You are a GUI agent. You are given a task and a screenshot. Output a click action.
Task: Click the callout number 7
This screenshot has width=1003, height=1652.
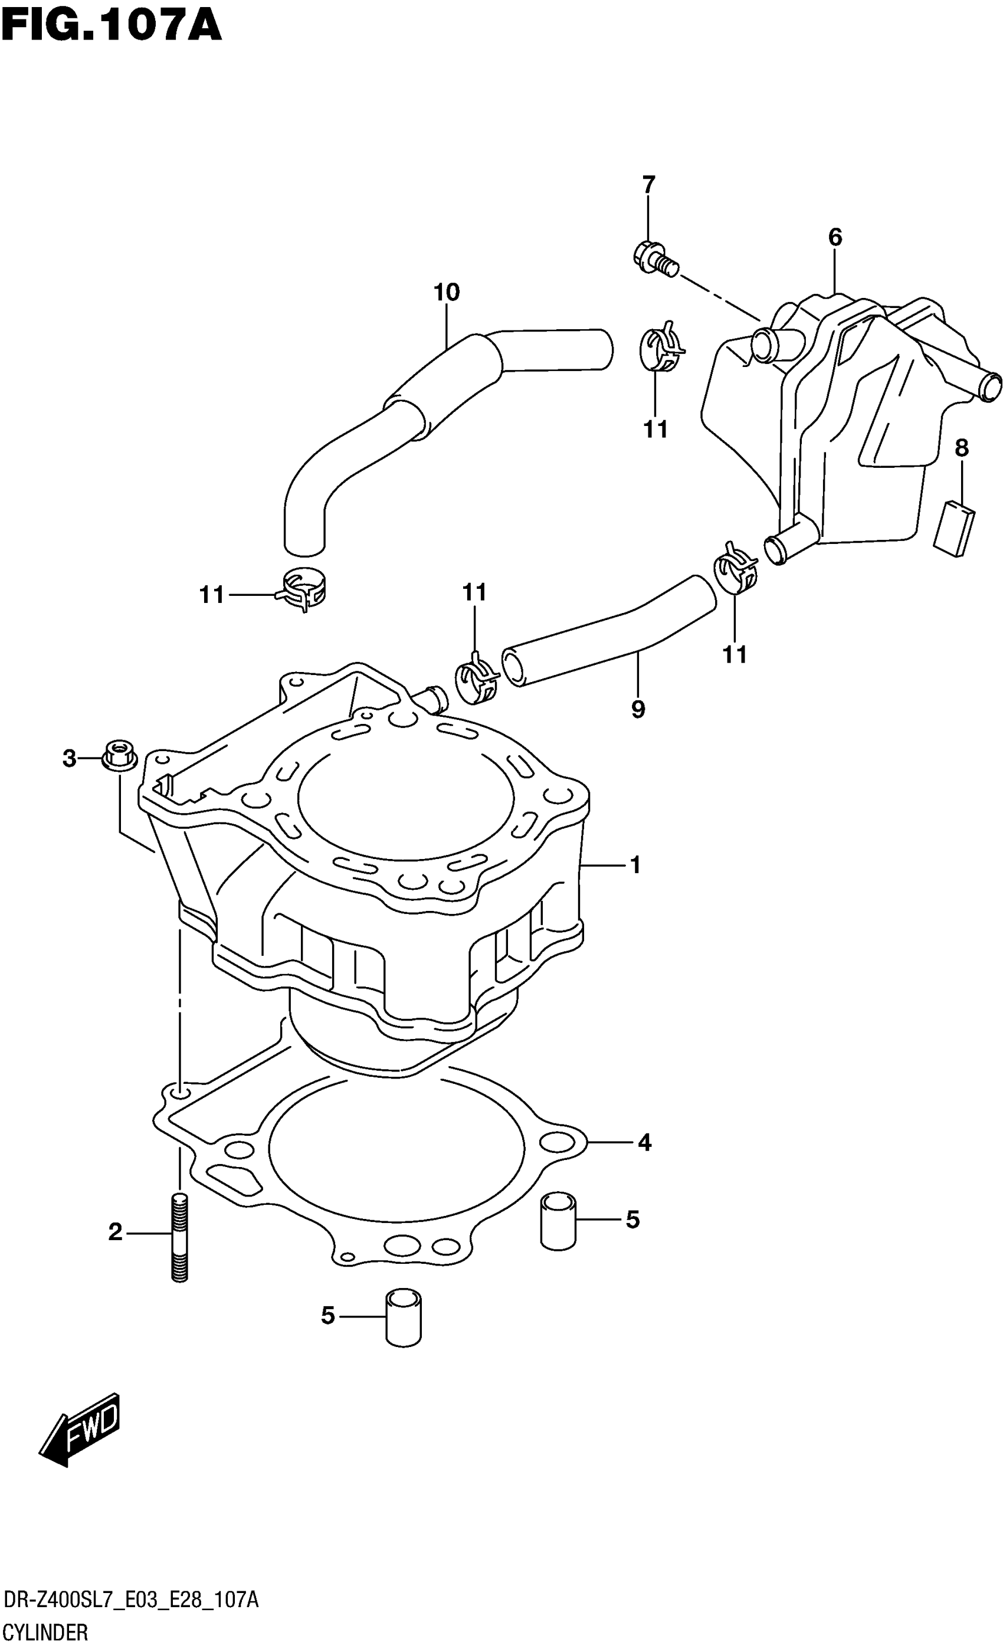648,184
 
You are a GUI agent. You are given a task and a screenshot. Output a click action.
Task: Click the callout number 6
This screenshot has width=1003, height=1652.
835,237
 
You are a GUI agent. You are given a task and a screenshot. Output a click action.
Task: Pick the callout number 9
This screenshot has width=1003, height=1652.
638,709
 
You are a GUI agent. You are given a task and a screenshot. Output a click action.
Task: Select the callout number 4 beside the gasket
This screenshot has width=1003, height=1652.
644,1142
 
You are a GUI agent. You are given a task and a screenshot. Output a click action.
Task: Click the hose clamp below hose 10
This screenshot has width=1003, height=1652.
302,589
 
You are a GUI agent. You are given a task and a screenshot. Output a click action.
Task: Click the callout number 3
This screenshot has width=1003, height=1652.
69,759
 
